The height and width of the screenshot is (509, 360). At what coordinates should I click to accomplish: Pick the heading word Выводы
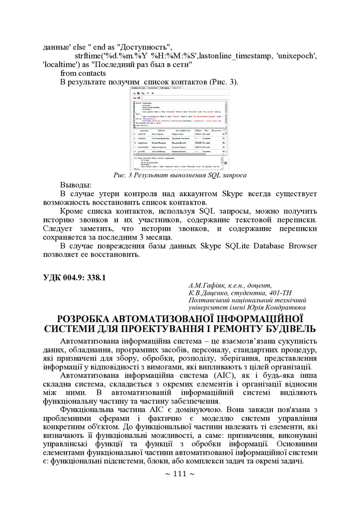(x=76, y=185)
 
